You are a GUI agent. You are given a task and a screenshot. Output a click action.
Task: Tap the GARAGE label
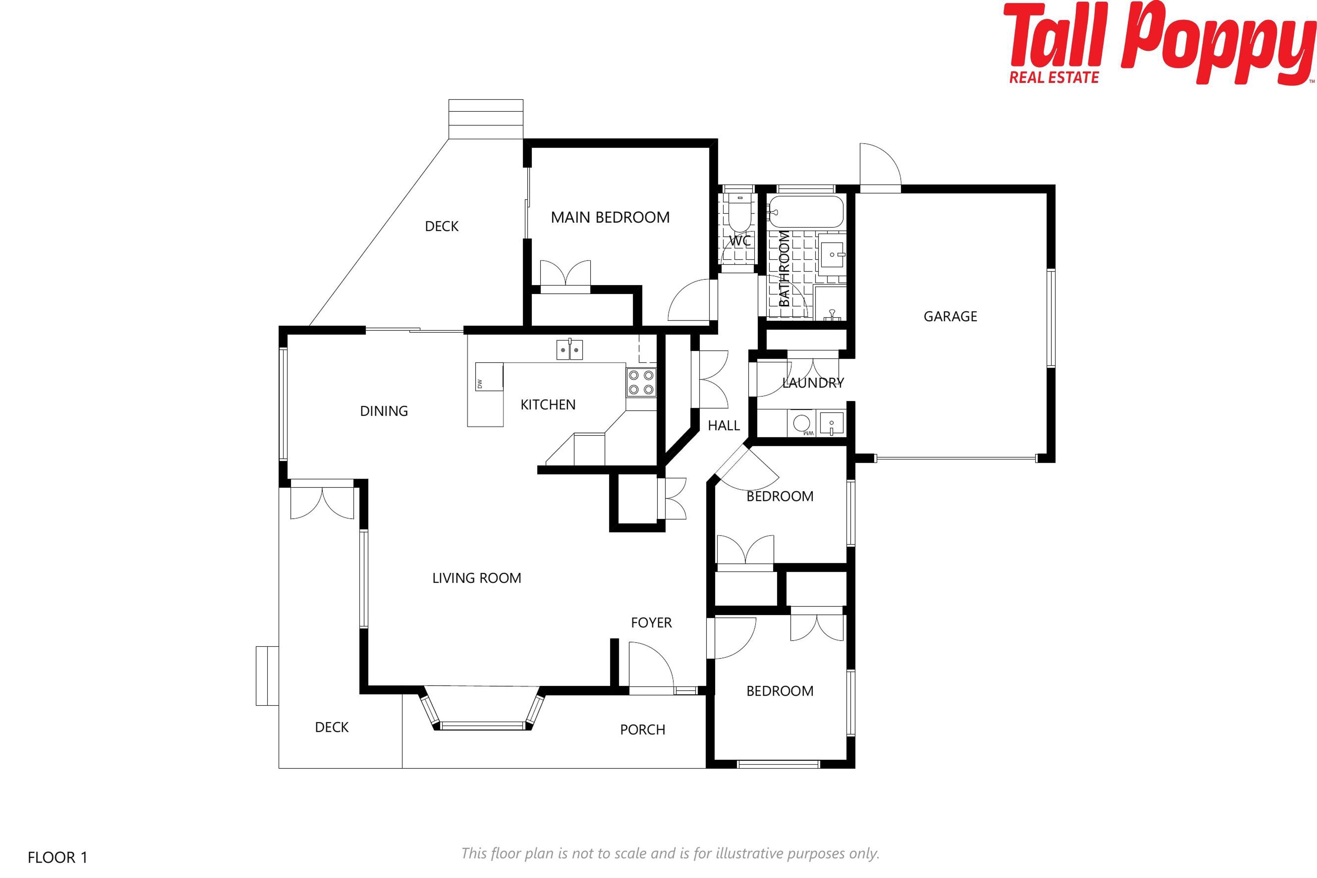950,316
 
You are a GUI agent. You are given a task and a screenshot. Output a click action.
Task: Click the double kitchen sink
569,349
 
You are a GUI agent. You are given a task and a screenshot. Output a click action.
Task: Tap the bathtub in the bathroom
805,212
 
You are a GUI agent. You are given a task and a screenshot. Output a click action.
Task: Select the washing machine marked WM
803,423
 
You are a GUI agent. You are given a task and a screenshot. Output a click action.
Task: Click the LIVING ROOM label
476,578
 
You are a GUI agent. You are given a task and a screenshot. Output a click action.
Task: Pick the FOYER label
651,623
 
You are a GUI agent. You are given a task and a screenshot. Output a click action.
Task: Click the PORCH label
643,729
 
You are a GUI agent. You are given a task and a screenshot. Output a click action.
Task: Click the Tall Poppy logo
1159,44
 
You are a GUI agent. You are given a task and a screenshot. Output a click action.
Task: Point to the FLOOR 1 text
58,857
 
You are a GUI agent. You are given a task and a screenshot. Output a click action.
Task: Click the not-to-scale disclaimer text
670,853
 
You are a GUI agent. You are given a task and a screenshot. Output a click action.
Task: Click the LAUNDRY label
813,383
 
